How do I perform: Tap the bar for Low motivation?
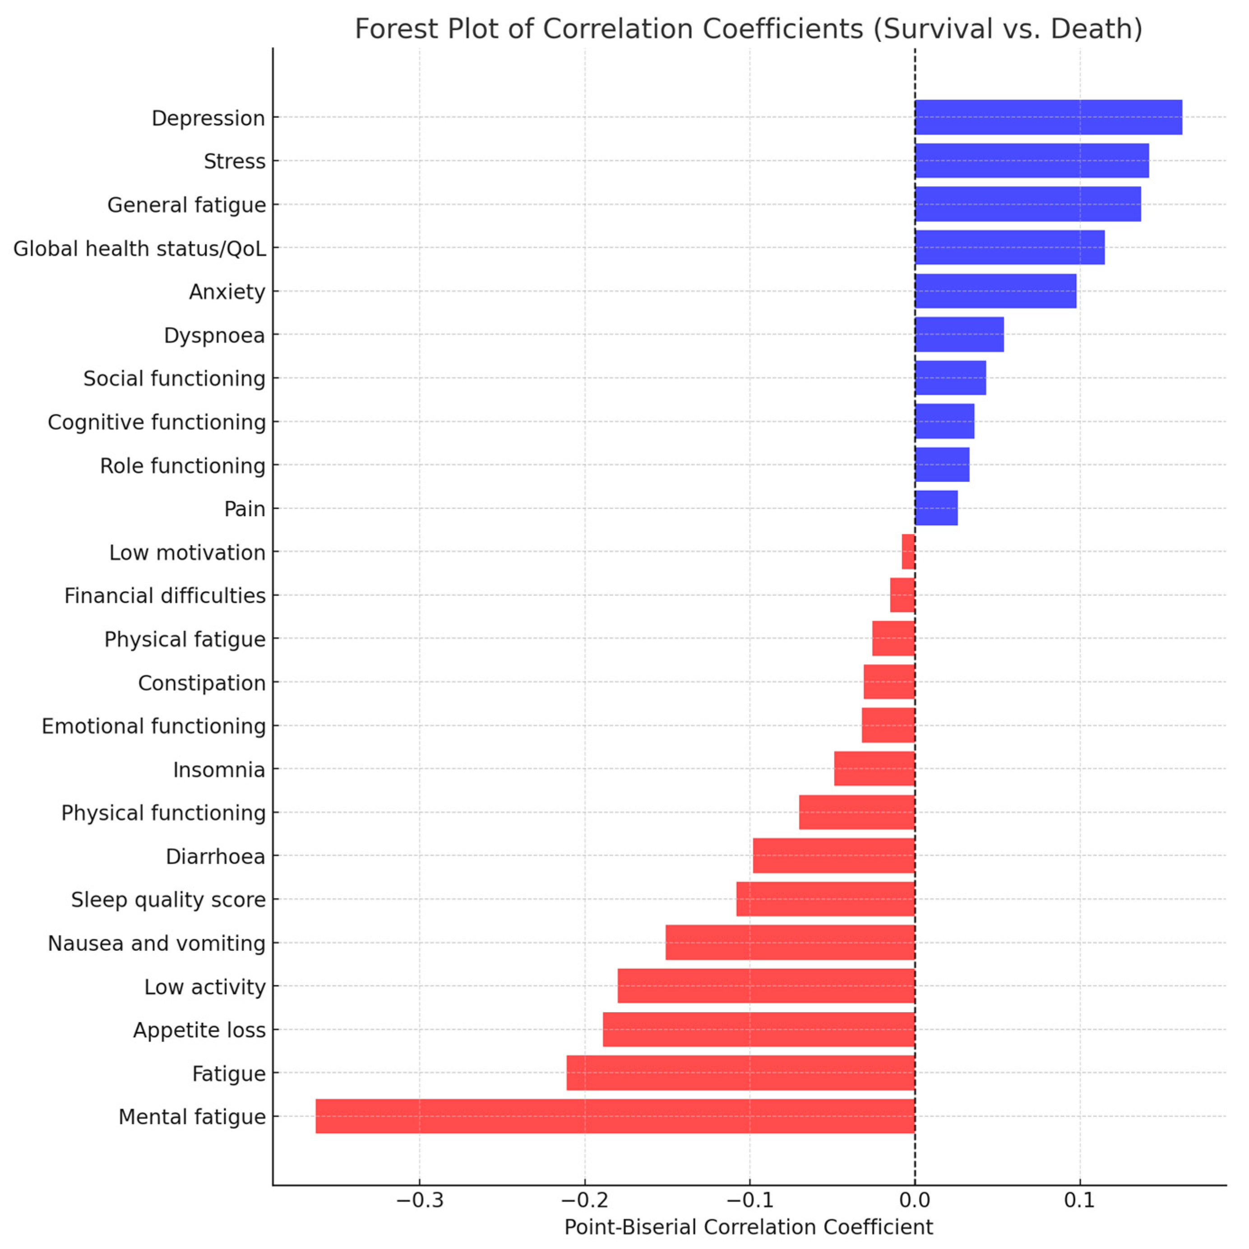(908, 551)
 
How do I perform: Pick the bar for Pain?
(935, 508)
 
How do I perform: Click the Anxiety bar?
(995, 291)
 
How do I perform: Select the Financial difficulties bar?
(902, 595)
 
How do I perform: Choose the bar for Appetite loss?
(759, 1029)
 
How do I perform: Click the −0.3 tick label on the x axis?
(420, 1201)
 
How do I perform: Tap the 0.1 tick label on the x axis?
(1079, 1201)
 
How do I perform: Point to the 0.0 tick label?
(914, 1201)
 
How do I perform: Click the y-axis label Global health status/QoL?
(139, 248)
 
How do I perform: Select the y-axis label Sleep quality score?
(168, 899)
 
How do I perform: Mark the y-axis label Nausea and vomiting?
(157, 943)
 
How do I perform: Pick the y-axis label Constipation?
(202, 683)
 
